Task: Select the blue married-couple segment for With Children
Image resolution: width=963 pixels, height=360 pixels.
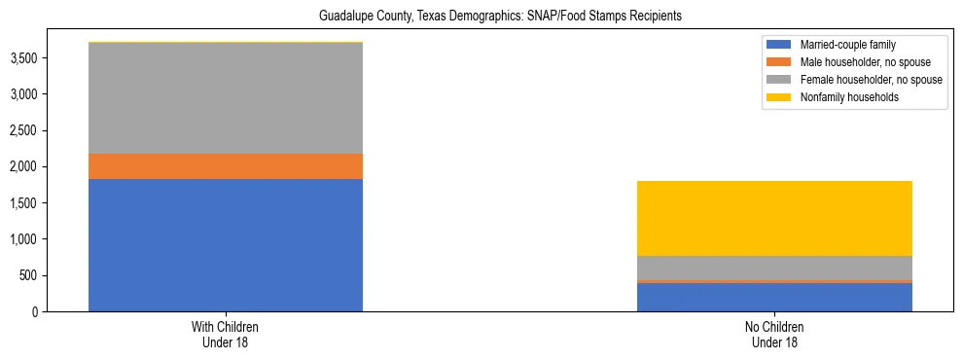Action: click(226, 245)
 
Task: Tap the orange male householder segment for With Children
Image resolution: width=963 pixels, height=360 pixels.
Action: click(226, 166)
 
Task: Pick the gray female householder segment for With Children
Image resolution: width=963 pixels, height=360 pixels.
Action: click(226, 98)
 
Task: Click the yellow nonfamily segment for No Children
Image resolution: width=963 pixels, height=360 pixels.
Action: click(774, 218)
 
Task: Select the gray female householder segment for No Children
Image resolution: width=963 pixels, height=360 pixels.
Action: click(774, 268)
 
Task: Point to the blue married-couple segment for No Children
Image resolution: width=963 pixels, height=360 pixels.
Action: click(774, 297)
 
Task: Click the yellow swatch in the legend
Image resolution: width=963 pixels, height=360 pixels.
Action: click(779, 97)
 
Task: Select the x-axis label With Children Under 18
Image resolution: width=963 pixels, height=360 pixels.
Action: click(226, 335)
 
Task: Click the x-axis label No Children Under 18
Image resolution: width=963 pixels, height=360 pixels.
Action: click(774, 335)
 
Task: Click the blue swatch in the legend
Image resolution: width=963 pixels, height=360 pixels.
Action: click(779, 45)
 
